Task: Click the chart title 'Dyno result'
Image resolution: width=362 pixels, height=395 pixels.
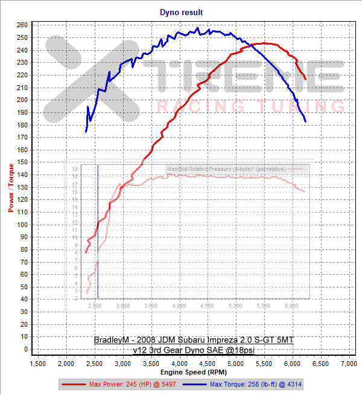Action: (182, 12)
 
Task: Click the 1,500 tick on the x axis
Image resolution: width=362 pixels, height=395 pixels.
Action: (37, 364)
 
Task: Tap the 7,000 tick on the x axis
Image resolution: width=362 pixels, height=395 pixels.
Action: (349, 364)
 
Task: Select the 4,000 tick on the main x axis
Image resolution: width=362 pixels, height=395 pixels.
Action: (179, 364)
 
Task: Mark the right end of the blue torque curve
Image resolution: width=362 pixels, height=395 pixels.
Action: (305, 121)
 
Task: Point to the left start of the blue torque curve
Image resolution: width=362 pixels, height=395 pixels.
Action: (86, 131)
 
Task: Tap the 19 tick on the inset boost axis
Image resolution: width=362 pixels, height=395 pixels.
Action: (75, 169)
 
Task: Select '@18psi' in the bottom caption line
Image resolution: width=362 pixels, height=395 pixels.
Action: (251, 349)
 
